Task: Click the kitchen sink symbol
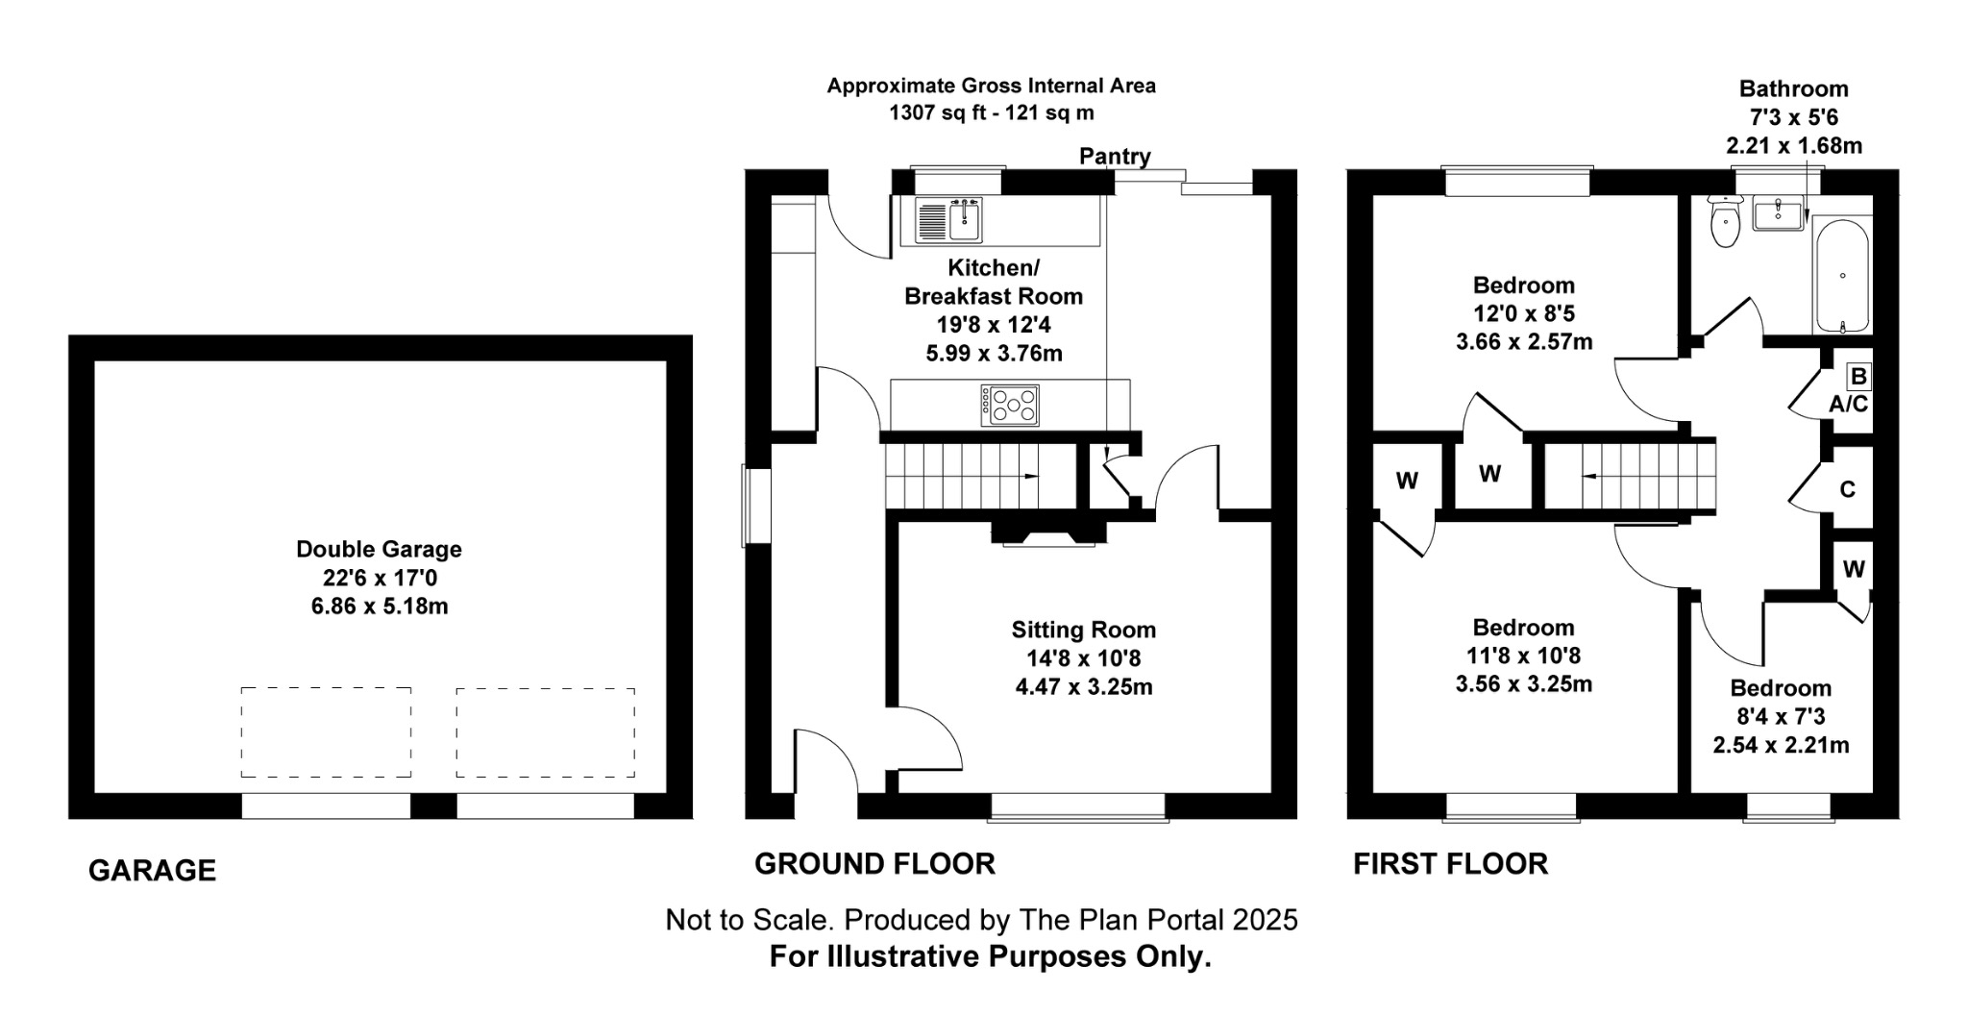point(948,220)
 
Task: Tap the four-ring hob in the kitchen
point(1010,405)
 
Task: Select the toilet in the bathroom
point(1726,222)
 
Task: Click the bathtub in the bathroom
point(1841,276)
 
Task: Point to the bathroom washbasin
point(1778,213)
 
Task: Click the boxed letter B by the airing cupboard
point(1858,377)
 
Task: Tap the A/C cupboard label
point(1848,405)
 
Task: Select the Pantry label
point(1115,156)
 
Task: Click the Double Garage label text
point(379,549)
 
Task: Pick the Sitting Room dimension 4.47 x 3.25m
point(1083,687)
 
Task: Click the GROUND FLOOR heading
point(874,864)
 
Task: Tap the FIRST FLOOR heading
point(1450,864)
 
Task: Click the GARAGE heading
point(152,871)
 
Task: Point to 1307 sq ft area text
point(991,112)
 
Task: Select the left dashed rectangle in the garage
point(326,731)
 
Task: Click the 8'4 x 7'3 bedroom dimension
point(1781,717)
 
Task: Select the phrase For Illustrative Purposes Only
point(990,957)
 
